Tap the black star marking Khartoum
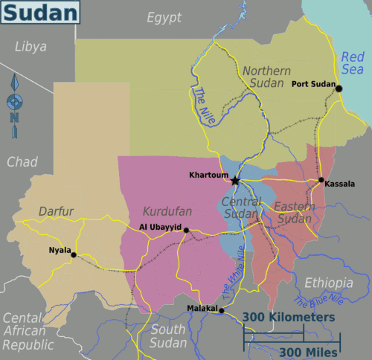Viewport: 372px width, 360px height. tap(235, 180)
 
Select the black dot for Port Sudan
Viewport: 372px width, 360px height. tap(339, 89)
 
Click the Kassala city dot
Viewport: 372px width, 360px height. tap(321, 180)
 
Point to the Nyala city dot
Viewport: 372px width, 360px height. tap(74, 254)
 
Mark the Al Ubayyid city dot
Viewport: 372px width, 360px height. tap(186, 230)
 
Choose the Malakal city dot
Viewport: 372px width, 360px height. tap(221, 311)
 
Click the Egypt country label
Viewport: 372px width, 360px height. tap(164, 18)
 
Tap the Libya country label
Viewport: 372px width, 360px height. tap(31, 47)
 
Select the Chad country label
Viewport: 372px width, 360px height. tap(22, 162)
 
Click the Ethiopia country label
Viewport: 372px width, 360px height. tap(328, 283)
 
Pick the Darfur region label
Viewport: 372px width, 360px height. tap(57, 212)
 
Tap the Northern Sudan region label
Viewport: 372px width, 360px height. tap(263, 77)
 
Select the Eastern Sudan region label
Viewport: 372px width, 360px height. tap(292, 212)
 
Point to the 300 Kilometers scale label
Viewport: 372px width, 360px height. tap(287, 318)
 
